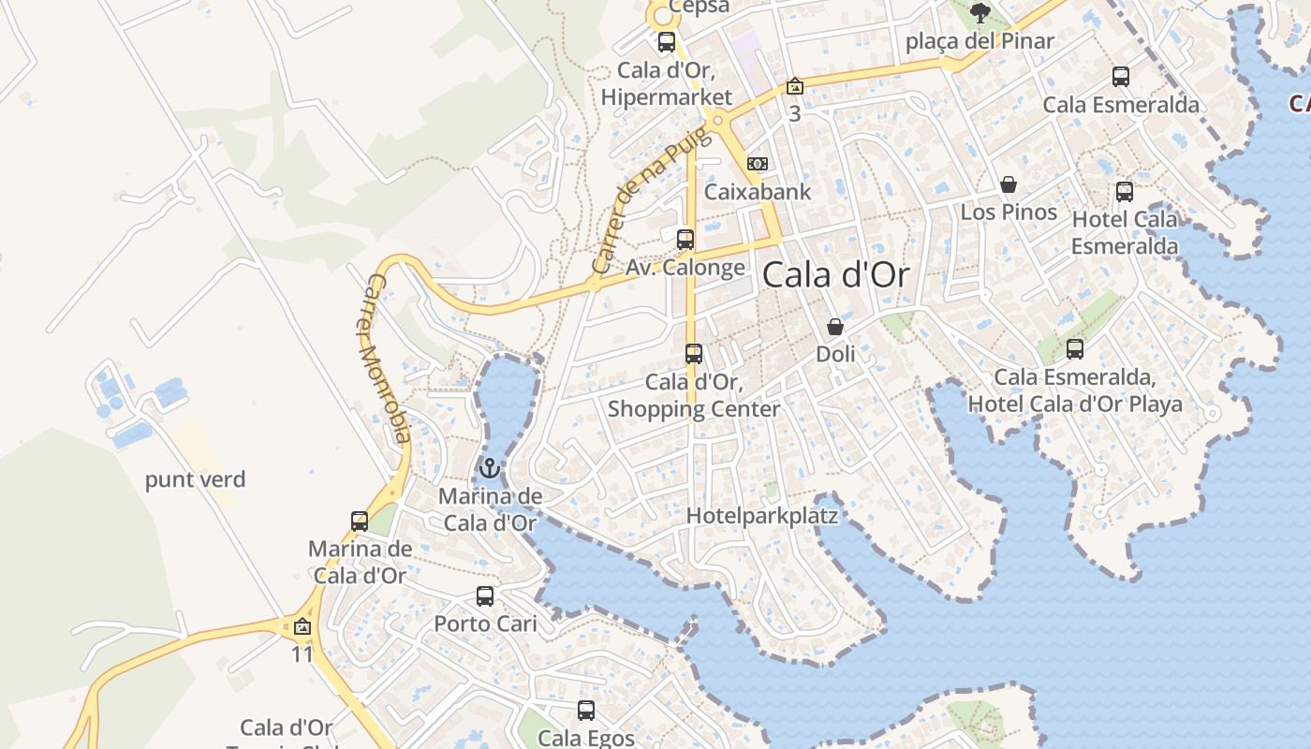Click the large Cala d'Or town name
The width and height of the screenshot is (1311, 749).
[x=835, y=275]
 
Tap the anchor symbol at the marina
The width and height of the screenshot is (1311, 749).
[x=490, y=467]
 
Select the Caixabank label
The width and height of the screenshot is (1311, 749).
[x=758, y=192]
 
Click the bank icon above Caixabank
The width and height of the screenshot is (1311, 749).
[x=758, y=164]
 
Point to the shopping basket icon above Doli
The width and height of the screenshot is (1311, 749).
[x=835, y=327]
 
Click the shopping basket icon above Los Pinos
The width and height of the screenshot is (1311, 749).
[x=1009, y=184]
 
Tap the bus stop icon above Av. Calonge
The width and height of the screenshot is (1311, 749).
[x=685, y=239]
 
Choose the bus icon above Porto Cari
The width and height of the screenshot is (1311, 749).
[x=485, y=595]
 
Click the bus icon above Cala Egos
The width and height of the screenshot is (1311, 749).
[x=586, y=710]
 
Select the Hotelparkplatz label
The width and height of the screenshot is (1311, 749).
[x=761, y=516]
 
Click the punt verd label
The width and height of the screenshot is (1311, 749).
[x=195, y=480]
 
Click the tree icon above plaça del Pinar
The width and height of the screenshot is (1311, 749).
[x=980, y=13]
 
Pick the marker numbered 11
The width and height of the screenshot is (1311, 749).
[x=302, y=627]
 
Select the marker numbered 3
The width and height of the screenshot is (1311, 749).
[x=794, y=87]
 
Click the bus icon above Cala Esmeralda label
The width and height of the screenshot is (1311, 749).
[x=1121, y=77]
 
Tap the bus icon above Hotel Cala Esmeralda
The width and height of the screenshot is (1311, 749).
[x=1125, y=192]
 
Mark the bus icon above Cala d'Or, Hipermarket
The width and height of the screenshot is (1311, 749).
[x=667, y=42]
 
